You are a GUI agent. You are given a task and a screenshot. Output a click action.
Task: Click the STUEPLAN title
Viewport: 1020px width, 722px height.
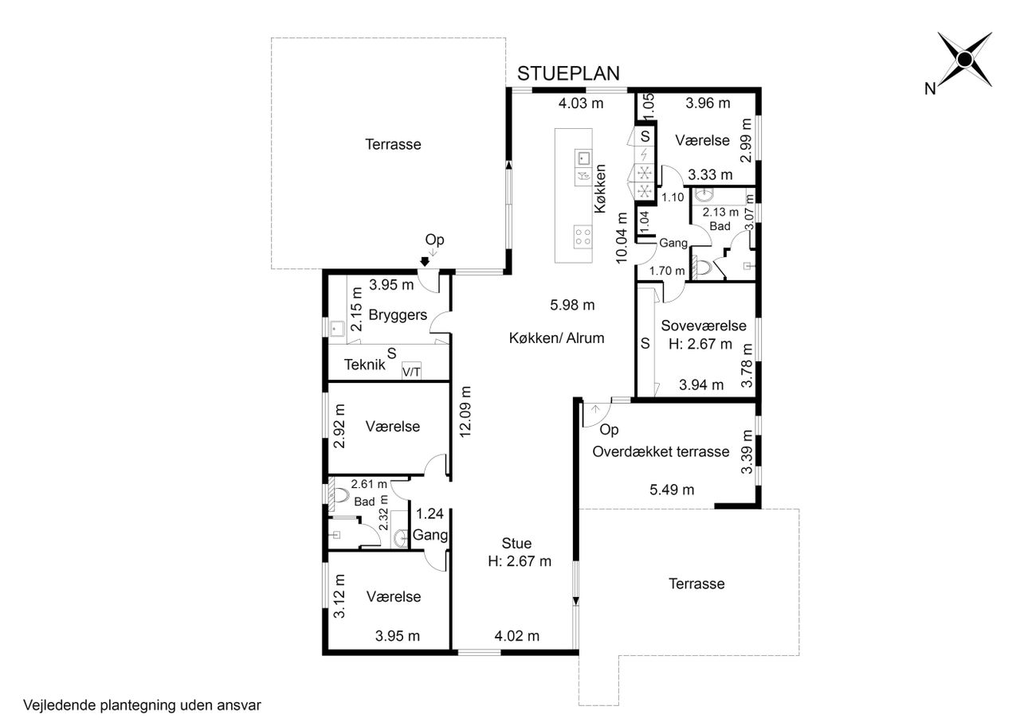tap(568, 74)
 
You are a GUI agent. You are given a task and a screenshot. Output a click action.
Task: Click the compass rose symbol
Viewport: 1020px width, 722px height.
tap(964, 59)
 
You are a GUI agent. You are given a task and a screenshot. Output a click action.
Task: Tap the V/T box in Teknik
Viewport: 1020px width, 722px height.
tap(411, 372)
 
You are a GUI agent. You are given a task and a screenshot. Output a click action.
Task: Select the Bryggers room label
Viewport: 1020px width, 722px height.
tap(398, 314)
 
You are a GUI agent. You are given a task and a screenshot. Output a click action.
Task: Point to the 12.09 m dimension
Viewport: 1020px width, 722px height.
tap(465, 412)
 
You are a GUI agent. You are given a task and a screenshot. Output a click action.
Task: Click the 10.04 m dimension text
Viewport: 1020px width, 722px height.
tap(622, 237)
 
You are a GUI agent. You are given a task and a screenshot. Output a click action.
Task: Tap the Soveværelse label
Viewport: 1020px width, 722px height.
tap(704, 326)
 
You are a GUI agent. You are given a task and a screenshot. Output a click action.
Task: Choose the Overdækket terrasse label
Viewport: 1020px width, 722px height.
tap(661, 452)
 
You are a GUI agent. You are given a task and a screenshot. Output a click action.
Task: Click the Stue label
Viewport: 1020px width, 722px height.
tap(516, 543)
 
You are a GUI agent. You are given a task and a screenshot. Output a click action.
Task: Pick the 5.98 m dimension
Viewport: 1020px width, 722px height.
tap(572, 305)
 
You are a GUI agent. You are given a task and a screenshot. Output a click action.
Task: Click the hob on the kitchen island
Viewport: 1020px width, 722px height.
tap(583, 236)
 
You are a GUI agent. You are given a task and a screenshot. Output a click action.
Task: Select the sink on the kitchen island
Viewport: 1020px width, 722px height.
tap(583, 158)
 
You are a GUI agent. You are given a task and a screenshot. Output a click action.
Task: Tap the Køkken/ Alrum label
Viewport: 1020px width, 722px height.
tap(556, 338)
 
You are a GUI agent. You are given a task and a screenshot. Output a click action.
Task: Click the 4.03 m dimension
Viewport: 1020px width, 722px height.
tap(581, 103)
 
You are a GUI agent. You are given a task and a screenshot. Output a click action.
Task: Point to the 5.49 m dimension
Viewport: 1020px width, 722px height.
tap(672, 490)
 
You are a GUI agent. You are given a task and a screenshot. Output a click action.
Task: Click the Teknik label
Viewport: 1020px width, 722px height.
tap(364, 365)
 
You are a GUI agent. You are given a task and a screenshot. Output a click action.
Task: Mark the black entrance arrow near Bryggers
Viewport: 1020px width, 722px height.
tap(425, 262)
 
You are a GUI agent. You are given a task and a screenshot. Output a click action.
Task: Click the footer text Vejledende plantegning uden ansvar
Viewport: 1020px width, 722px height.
tap(142, 705)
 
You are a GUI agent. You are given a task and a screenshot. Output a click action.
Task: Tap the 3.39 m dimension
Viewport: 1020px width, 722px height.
tap(747, 452)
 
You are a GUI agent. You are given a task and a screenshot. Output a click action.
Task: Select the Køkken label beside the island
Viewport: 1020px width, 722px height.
tap(600, 189)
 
